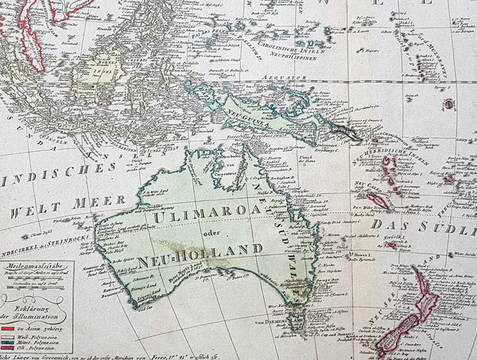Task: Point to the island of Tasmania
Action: coord(296,323)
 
